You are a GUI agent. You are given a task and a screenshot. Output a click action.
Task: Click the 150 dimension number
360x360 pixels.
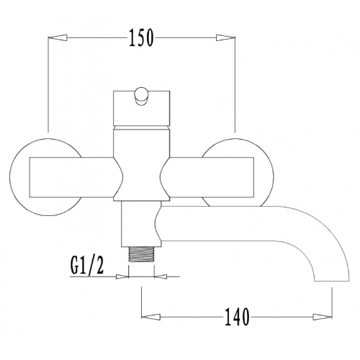141,38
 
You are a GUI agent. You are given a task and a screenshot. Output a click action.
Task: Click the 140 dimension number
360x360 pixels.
237,317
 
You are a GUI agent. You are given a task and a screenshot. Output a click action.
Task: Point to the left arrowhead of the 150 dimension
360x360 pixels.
58,37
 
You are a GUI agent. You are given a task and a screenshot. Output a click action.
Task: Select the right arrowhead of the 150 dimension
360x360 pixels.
225,38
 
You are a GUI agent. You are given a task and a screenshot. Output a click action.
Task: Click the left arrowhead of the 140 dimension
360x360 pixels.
151,317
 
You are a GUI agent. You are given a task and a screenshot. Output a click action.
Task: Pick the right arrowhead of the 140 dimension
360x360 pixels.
323,317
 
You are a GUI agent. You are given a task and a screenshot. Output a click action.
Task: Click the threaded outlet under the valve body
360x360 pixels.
141,253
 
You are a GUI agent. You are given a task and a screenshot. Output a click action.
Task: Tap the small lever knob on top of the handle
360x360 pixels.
141,96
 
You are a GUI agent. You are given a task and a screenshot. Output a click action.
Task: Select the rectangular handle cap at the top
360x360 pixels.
141,108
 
